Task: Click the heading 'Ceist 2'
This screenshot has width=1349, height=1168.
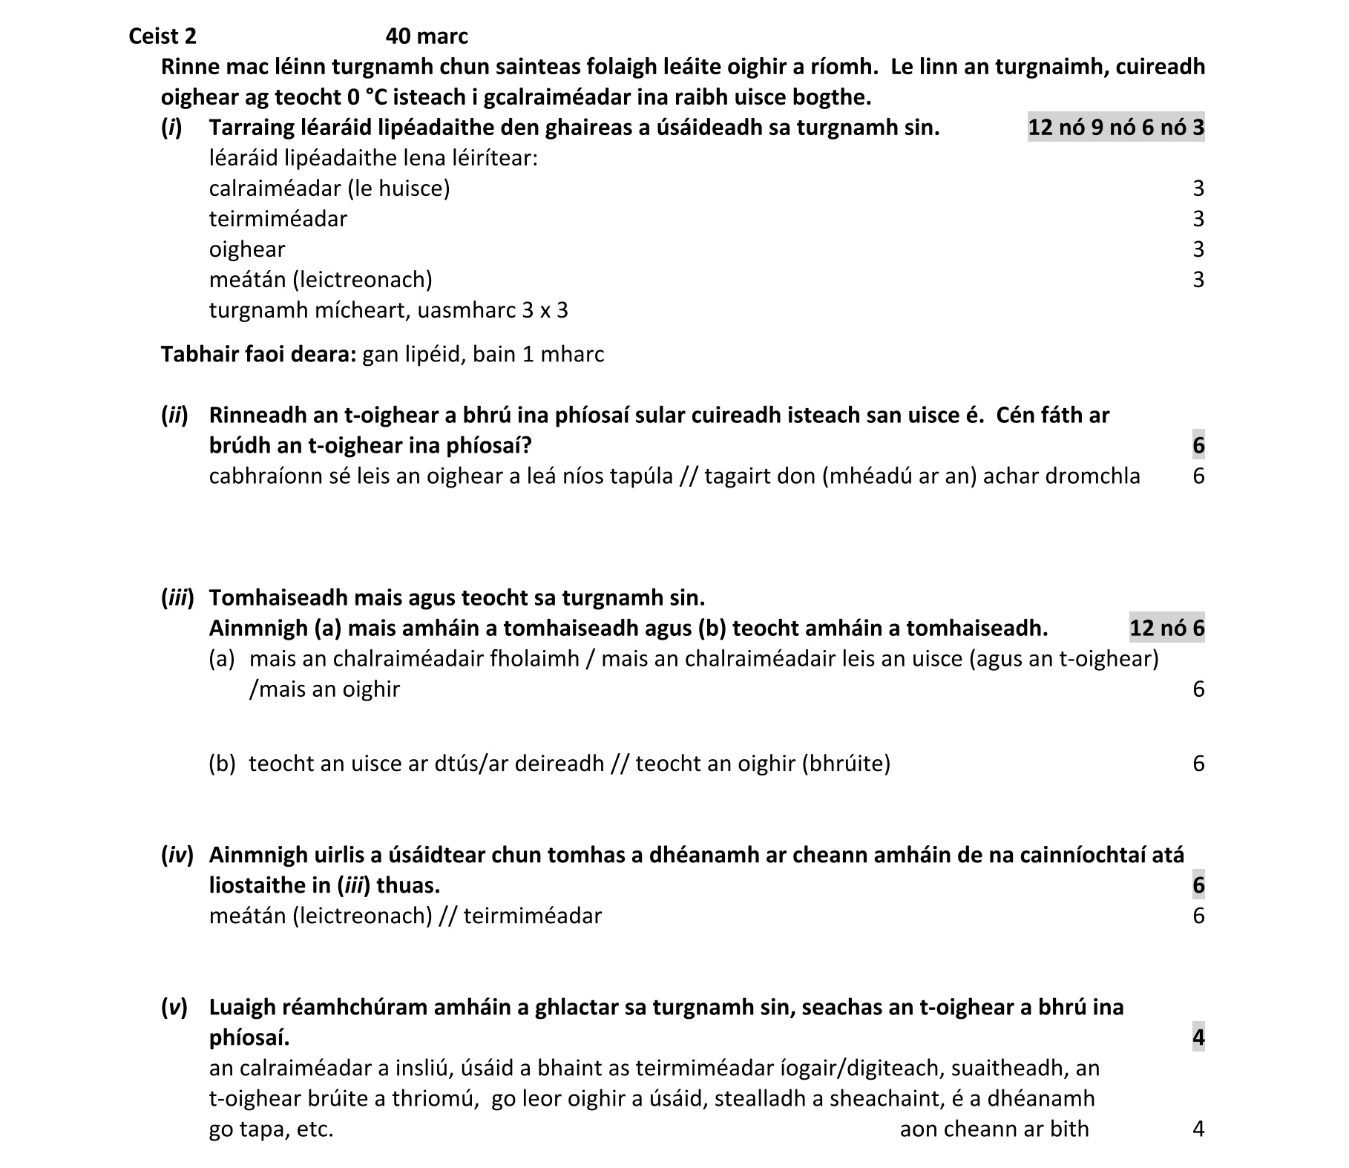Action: click(162, 36)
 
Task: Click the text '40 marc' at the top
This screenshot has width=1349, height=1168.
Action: click(427, 36)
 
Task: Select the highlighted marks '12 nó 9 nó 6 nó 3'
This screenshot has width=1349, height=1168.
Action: click(1115, 128)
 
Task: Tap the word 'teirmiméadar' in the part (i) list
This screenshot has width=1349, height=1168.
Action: click(278, 219)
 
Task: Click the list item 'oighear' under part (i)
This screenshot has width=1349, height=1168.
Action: click(246, 249)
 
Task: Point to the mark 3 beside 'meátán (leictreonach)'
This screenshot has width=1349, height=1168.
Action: click(1198, 280)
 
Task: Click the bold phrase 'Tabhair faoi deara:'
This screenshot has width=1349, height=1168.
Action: click(259, 354)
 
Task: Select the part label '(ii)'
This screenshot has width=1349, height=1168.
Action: click(174, 415)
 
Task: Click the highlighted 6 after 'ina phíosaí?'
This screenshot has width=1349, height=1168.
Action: click(1198, 445)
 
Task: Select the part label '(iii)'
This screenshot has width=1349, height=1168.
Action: click(177, 597)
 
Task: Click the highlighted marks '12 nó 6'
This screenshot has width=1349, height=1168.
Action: click(1166, 629)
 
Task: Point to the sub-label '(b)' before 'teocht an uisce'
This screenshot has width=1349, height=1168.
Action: click(222, 764)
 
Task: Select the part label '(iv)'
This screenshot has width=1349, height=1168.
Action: click(177, 855)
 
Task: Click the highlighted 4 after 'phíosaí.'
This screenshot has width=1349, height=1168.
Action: click(1198, 1037)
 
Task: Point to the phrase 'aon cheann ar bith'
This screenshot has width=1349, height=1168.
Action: click(994, 1129)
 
